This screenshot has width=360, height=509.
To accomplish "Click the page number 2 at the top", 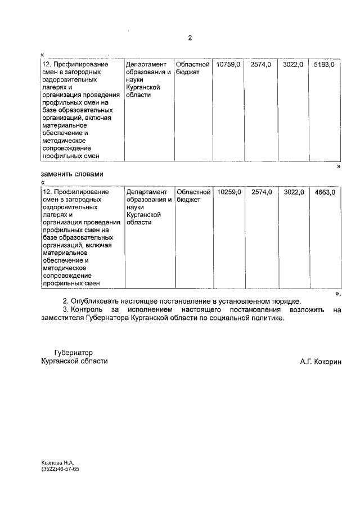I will (x=190, y=38).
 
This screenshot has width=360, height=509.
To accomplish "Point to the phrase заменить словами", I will (x=73, y=174).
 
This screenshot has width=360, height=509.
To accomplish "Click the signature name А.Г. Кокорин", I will (x=321, y=362).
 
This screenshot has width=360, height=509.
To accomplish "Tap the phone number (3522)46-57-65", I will (x=60, y=469).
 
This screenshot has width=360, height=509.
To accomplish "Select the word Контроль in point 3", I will (x=88, y=309).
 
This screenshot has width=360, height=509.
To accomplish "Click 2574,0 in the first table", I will (x=261, y=65).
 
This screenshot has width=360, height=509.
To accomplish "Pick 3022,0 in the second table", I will (x=294, y=192).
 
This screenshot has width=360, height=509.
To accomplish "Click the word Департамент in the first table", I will (x=146, y=65).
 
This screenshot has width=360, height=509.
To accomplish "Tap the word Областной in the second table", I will (x=193, y=192).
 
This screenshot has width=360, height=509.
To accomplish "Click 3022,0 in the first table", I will (x=293, y=65).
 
